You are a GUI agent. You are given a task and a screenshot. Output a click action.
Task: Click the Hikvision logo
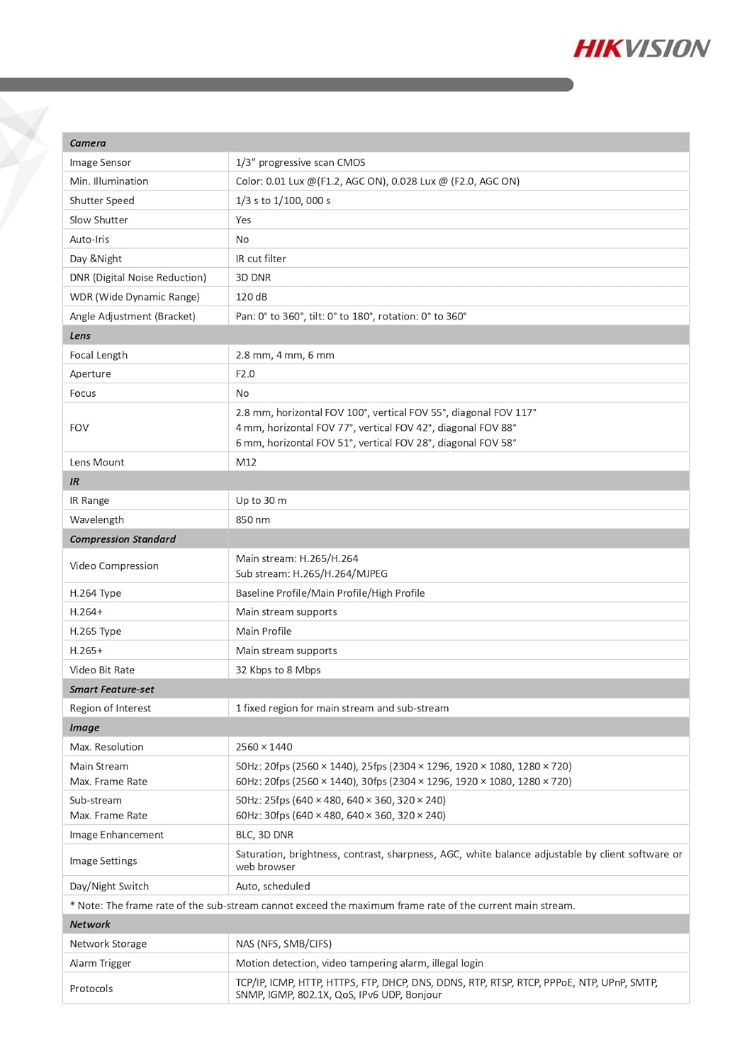pos(641,48)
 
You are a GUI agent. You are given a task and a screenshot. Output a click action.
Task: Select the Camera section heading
pos(88,143)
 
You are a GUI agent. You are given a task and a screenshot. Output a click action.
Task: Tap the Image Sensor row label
pos(100,162)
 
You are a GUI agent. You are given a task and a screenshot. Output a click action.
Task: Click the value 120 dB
pos(252,297)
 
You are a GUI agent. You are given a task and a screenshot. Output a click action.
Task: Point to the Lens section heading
pos(80,336)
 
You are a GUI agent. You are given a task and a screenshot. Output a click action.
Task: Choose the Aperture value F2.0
pos(245,374)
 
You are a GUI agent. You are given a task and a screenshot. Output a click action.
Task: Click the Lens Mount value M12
pos(246,462)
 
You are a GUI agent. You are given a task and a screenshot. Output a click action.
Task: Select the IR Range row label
pos(89,500)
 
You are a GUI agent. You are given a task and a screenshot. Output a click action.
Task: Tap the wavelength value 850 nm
pos(253,519)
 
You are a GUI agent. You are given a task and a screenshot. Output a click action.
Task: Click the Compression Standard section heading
pos(123,539)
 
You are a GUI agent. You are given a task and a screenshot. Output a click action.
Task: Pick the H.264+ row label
pos(86,612)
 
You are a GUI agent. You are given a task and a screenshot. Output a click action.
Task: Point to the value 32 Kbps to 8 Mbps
pos(278,670)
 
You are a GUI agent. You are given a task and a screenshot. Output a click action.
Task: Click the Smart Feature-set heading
pos(112,690)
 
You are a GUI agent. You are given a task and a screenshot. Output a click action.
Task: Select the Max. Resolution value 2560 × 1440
pos(264,747)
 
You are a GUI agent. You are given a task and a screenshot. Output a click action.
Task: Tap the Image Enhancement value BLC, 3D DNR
pos(264,835)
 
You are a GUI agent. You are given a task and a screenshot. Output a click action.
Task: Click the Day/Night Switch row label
pos(109,886)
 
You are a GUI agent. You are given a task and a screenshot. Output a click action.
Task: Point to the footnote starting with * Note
pos(322,906)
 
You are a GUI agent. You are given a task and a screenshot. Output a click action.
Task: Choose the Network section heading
pos(90,925)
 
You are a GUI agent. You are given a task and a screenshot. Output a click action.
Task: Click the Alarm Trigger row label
pos(100,963)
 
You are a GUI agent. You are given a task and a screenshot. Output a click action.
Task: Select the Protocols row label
pos(91,989)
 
